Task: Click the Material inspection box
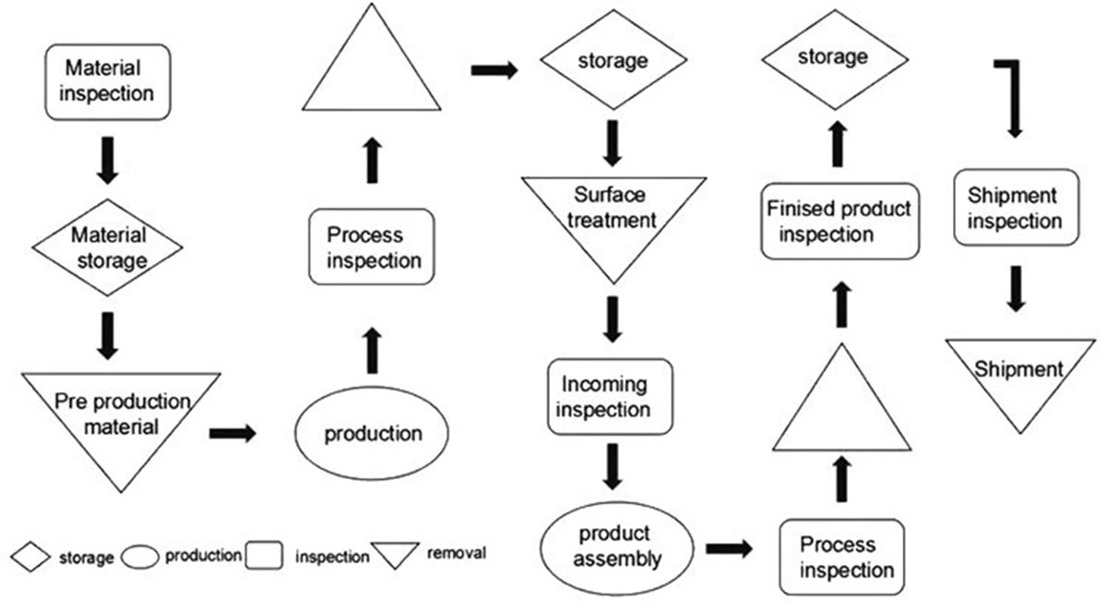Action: (108, 82)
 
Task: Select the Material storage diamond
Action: (107, 247)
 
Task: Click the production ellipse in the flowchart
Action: (372, 433)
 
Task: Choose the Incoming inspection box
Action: (610, 397)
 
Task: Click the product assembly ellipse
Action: (617, 548)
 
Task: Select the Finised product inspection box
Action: (839, 222)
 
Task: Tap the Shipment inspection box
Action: (1016, 208)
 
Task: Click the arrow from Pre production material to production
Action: (232, 433)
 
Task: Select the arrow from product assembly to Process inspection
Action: (729, 548)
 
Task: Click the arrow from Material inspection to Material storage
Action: (107, 161)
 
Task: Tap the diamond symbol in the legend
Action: (30, 557)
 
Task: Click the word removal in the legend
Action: (456, 553)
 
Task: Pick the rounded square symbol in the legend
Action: (265, 555)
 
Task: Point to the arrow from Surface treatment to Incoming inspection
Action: (613, 319)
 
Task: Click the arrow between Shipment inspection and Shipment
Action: (1016, 289)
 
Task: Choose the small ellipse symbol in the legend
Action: (140, 557)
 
